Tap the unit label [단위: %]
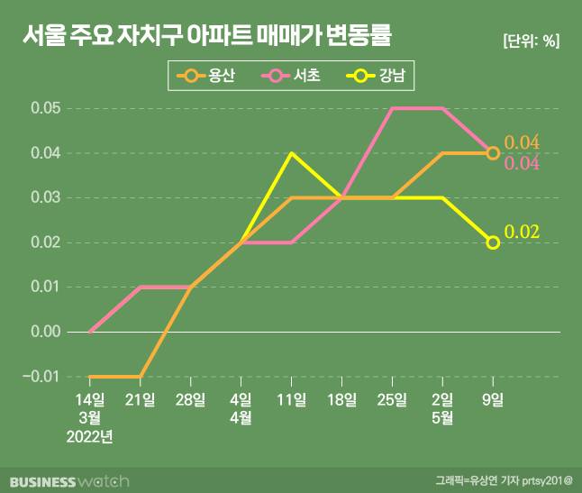click(531, 41)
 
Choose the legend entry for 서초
click(296, 77)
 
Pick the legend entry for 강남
click(380, 77)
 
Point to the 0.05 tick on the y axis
click(44, 108)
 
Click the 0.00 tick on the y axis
click(44, 332)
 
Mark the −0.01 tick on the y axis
click(41, 376)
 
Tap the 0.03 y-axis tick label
click(44, 197)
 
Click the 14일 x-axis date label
click(90, 398)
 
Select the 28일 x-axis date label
click(191, 398)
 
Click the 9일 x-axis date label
click(493, 398)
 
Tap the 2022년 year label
click(90, 437)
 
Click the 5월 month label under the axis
click(442, 417)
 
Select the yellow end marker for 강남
click(493, 242)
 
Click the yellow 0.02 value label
click(522, 233)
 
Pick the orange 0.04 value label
click(522, 142)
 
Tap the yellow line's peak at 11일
click(292, 153)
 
